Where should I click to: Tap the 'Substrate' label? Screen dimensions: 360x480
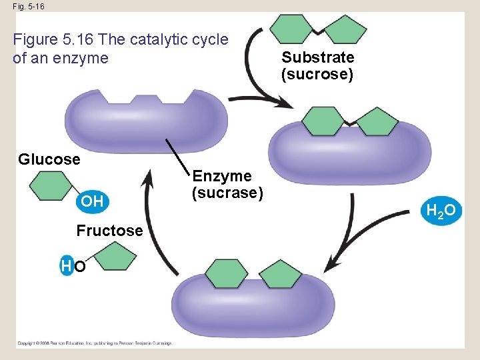tap(317, 57)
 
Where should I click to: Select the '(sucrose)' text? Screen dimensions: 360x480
tap(317, 74)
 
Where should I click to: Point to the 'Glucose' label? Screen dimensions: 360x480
tap(49, 159)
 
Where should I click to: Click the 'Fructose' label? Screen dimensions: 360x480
tap(109, 231)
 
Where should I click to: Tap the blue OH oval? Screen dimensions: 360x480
tap(92, 201)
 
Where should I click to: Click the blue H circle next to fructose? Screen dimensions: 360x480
tap(66, 267)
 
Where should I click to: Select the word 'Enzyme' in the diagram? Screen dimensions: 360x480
tap(222, 176)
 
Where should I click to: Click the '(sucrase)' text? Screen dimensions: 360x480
tap(227, 193)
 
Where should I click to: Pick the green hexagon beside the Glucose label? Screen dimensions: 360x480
tap(51, 186)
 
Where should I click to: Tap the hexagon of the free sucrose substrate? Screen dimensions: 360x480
tap(291, 28)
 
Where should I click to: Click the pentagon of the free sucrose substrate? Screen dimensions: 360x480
tap(344, 30)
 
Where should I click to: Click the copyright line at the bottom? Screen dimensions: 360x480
tap(95, 343)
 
